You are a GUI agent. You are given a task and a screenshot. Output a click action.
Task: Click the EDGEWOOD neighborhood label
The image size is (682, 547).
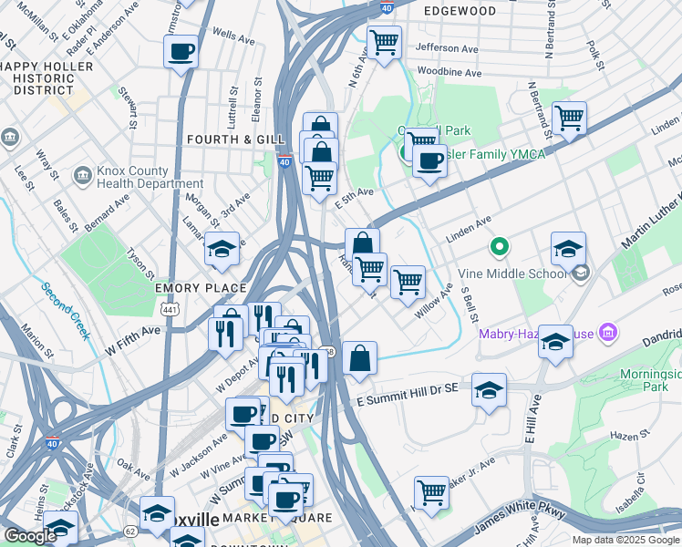(x=460, y=11)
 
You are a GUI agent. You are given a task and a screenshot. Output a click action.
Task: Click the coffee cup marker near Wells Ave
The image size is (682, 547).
(x=181, y=51)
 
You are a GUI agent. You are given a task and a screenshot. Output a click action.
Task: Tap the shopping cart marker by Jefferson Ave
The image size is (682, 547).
(x=384, y=42)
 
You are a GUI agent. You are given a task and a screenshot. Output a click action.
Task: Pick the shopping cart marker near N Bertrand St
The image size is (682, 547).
(x=569, y=118)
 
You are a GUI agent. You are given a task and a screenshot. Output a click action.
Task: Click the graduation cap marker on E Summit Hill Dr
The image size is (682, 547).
(x=490, y=390)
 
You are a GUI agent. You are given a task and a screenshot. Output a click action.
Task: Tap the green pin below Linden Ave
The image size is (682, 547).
(x=499, y=246)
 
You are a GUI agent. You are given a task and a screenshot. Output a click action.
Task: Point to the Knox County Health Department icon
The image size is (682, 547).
(x=83, y=172)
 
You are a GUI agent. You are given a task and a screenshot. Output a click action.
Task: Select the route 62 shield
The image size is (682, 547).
(x=130, y=530)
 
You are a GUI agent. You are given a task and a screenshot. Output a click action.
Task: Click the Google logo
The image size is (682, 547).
(x=29, y=536)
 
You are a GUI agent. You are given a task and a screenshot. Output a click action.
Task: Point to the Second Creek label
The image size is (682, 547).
(x=66, y=311)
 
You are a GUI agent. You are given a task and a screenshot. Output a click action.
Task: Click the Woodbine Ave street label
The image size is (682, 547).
(x=449, y=72)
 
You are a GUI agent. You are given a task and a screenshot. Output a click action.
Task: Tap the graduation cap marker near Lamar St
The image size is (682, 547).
(x=222, y=249)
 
